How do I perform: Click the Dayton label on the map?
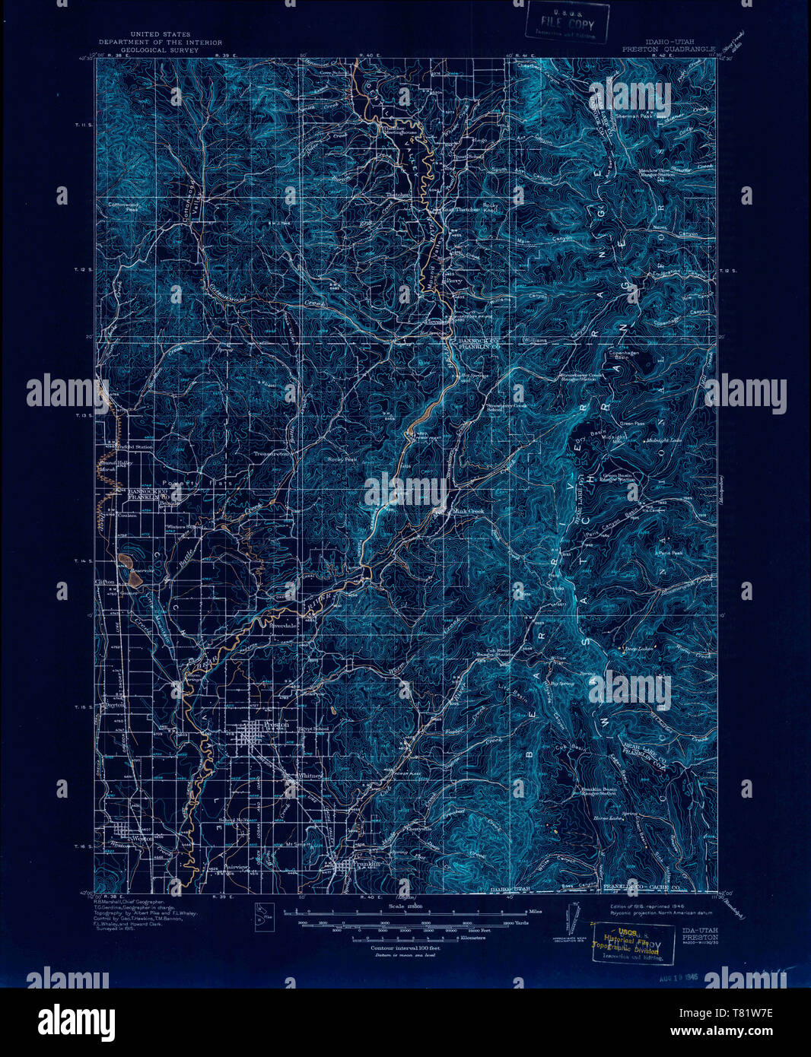point(113,706)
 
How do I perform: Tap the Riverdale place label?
point(275,628)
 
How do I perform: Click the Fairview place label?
point(237,867)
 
